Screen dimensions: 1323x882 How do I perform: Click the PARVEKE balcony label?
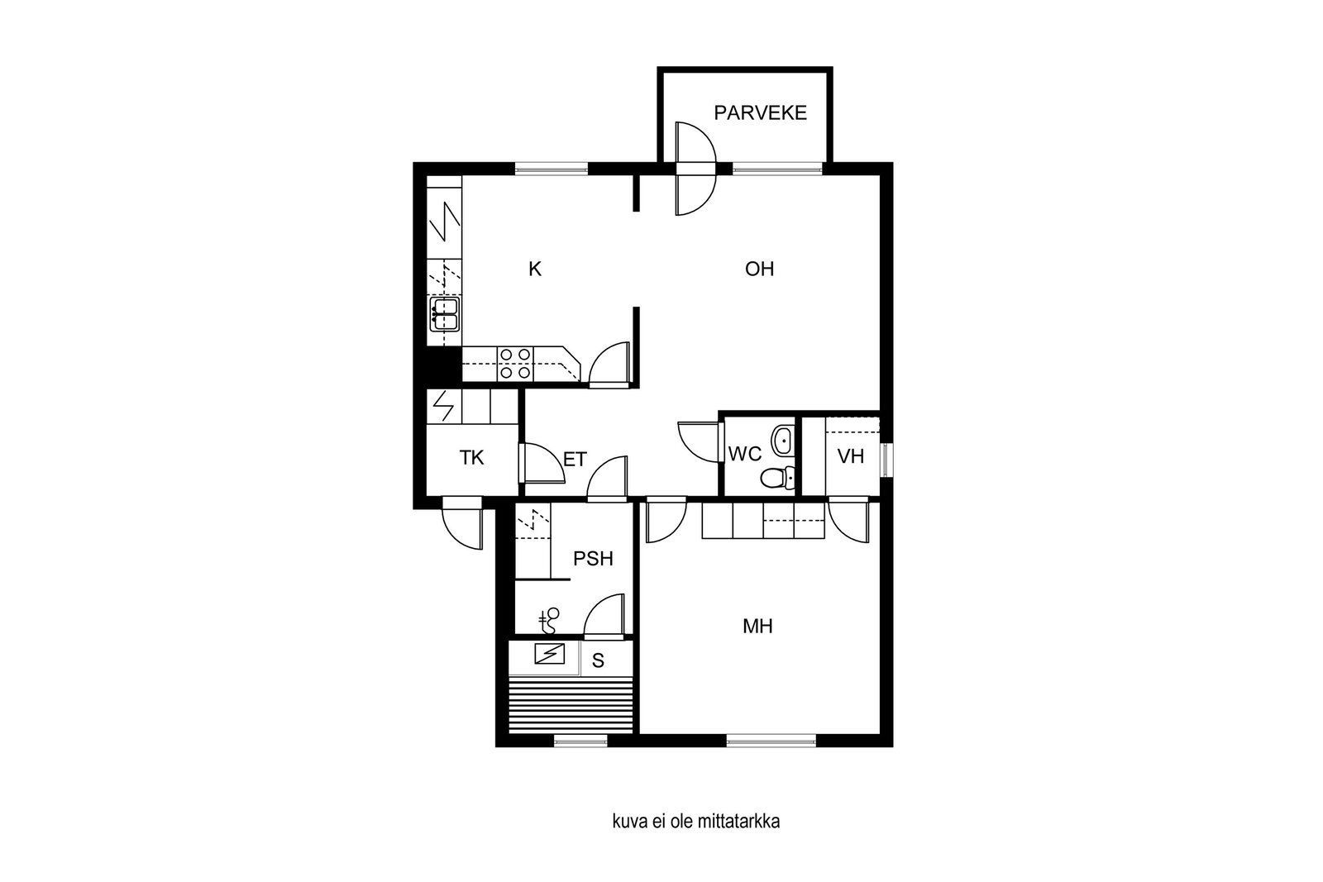click(760, 112)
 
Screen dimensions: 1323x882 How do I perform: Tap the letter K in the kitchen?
click(534, 269)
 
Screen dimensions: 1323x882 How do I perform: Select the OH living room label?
click(760, 269)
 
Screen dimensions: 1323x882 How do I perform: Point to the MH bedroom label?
click(757, 627)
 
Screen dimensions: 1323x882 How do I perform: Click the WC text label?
click(745, 454)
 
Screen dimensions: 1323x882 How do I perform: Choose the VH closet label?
click(851, 456)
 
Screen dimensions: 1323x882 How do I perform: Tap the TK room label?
click(472, 457)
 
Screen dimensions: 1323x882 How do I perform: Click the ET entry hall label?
click(575, 460)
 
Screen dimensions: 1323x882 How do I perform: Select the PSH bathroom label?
click(593, 559)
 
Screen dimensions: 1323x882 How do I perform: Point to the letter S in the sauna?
click(598, 660)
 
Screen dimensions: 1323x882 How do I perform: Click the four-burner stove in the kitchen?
click(515, 364)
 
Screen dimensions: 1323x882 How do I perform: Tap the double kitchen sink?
click(445, 314)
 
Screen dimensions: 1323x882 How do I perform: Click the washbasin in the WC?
click(782, 440)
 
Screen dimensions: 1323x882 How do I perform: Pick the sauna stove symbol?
click(549, 654)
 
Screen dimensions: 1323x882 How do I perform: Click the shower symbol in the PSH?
click(549, 622)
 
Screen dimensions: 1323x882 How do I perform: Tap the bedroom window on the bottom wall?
click(771, 741)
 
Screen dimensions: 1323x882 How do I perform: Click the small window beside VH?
click(886, 460)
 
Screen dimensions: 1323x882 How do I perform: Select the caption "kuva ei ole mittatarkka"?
click(695, 821)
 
